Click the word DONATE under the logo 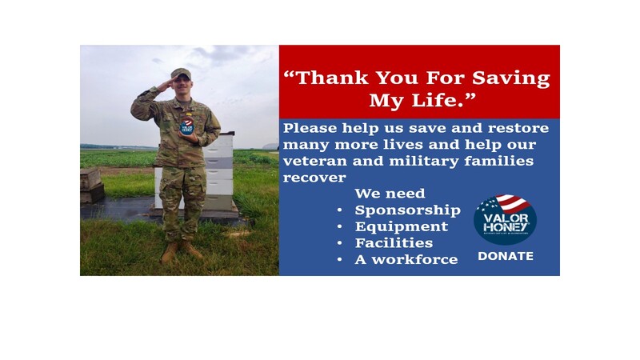tap(506, 256)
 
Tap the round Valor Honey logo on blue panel tap(505, 219)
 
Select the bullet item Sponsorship tap(407, 210)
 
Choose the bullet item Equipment tap(402, 226)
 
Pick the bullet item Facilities tap(394, 243)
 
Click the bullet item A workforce tap(406, 259)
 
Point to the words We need tap(390, 193)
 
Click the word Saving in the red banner tap(511, 78)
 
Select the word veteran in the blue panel tap(315, 161)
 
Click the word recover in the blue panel tap(314, 178)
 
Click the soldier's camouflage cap tap(182, 74)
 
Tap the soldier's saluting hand tap(166, 85)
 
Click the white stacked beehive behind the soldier tap(218, 171)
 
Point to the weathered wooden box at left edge tap(91, 186)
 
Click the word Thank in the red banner tap(332, 78)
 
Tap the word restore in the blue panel tap(518, 128)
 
